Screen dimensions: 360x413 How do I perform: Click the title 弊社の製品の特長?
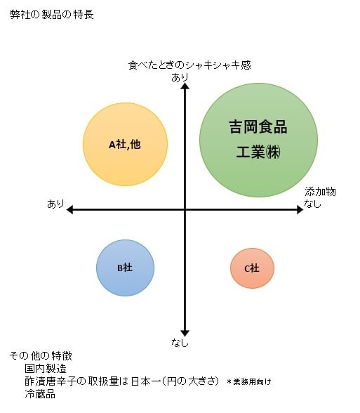tap(52, 15)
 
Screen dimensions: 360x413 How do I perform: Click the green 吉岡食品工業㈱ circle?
tap(258, 140)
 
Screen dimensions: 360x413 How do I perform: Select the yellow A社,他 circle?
tap(125, 145)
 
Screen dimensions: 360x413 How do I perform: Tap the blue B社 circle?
tap(125, 268)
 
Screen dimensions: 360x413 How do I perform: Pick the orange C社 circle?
tap(252, 268)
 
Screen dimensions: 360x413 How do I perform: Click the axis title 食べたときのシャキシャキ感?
tap(189, 65)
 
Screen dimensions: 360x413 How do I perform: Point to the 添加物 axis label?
tap(320, 192)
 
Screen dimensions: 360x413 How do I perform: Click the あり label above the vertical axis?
tap(180, 78)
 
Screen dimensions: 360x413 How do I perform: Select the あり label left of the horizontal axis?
tap(55, 204)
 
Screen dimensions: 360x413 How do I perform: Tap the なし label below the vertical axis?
tap(180, 343)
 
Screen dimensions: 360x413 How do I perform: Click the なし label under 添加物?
tap(313, 204)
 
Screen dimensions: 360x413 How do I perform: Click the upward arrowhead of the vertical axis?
tap(185, 86)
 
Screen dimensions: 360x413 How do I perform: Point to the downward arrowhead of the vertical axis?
tap(185, 334)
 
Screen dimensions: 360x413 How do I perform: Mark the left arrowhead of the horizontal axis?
tap(69, 210)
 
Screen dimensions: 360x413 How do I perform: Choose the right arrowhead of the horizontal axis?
tap(300, 210)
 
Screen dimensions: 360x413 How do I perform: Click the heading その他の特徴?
tap(41, 356)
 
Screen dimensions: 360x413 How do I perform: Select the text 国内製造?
tap(46, 369)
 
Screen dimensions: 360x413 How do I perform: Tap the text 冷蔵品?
tap(40, 394)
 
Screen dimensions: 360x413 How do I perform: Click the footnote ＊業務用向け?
tap(249, 382)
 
